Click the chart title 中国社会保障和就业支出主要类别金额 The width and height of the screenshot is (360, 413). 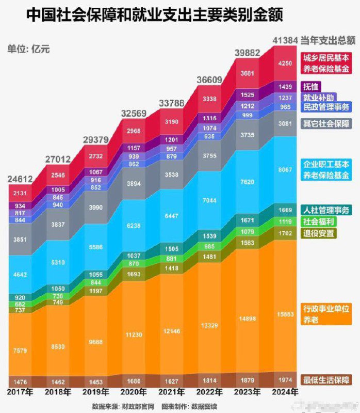[x=155, y=14]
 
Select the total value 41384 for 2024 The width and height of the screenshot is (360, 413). [x=285, y=40]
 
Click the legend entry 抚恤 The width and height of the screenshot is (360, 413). [x=312, y=87]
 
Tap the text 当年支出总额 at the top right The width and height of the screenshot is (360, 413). [x=329, y=40]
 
